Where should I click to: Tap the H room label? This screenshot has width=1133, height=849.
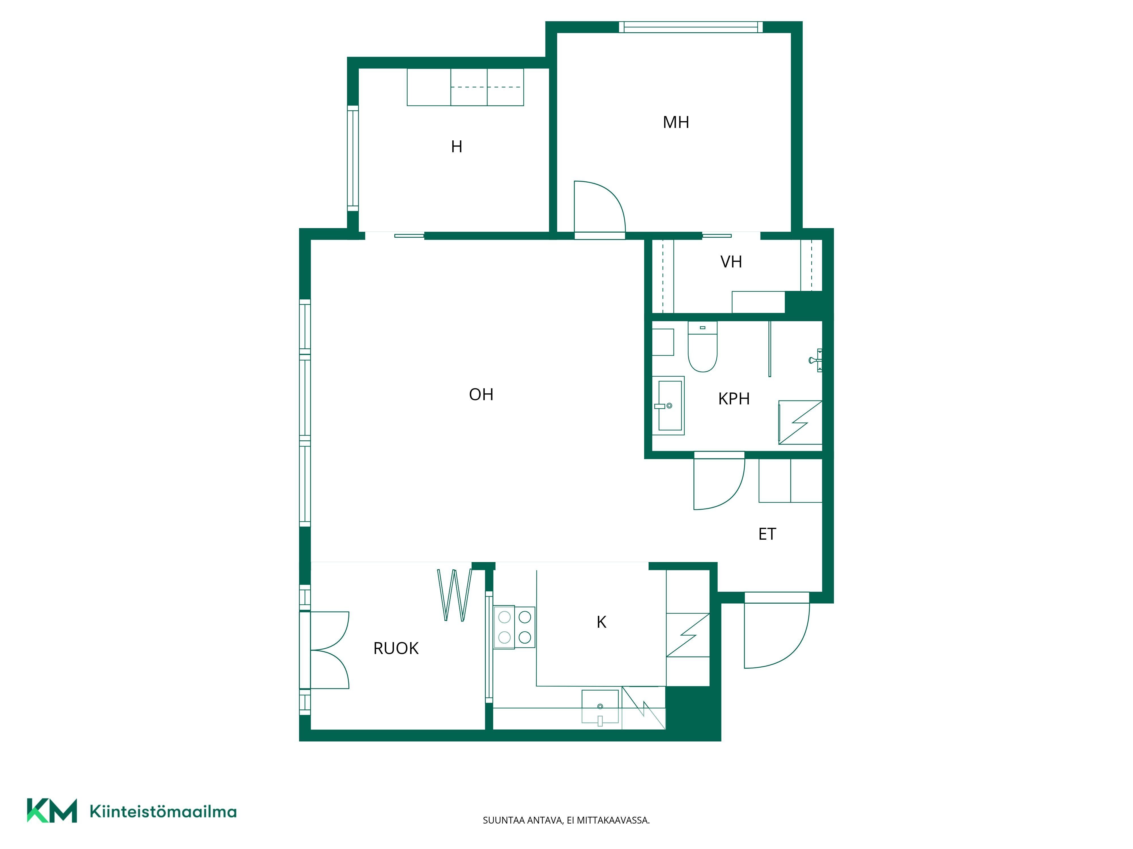click(456, 147)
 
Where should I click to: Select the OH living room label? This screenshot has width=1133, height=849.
click(481, 395)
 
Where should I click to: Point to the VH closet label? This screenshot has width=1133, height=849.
click(731, 262)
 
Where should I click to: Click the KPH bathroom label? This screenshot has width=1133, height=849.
click(734, 399)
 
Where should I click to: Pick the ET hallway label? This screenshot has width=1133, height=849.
click(767, 534)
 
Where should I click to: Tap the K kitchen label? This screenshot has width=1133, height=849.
click(601, 622)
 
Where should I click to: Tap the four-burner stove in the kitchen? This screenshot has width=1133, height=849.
click(514, 627)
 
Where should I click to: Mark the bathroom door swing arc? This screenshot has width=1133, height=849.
click(719, 484)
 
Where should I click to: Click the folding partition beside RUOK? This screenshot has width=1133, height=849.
click(454, 595)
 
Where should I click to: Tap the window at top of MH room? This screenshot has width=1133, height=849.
click(691, 27)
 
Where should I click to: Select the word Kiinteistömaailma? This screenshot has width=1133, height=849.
click(163, 812)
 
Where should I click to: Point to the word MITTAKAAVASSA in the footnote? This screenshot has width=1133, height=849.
click(613, 820)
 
